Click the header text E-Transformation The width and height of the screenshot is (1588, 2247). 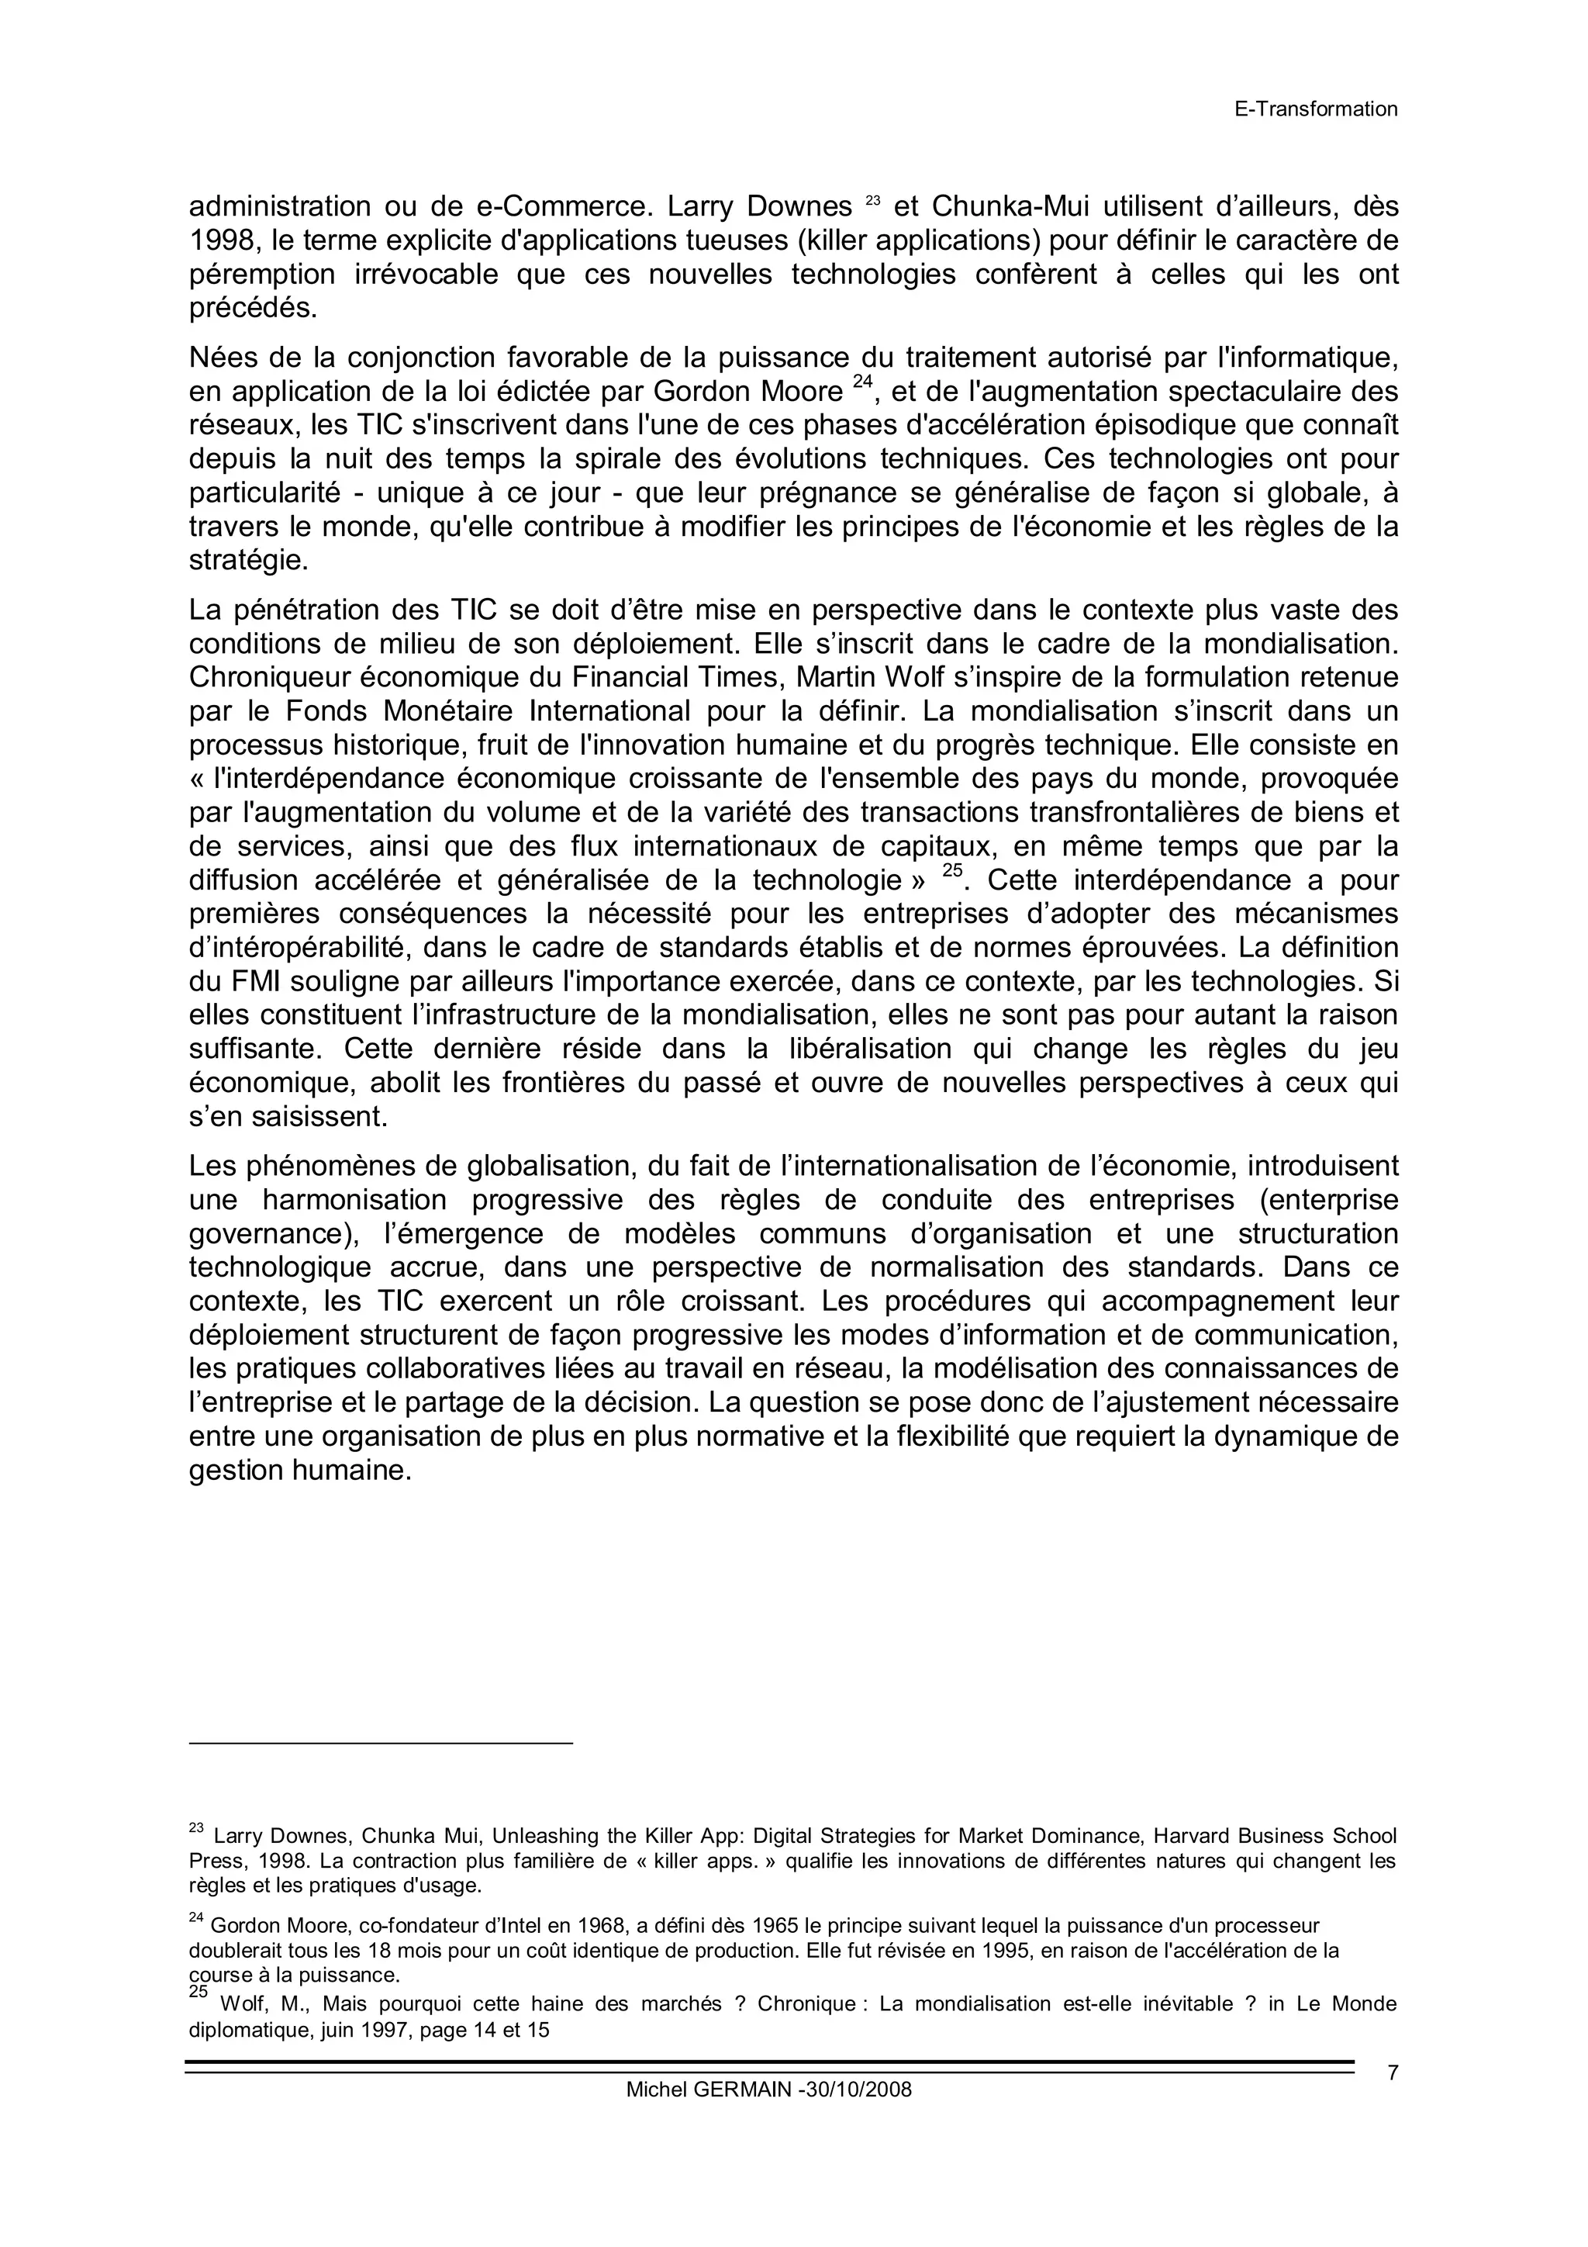(x=1315, y=109)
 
